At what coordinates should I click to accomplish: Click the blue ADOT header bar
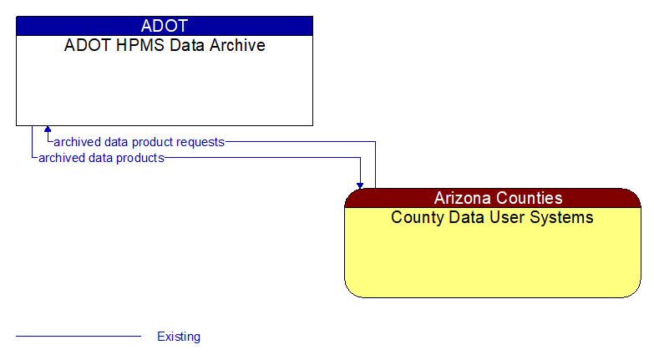point(165,26)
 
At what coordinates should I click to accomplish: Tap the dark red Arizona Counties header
point(493,198)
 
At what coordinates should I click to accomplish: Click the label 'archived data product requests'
point(139,142)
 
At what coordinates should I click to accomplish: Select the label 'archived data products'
point(101,157)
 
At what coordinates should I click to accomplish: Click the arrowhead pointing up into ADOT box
point(48,130)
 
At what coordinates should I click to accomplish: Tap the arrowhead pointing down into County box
point(360,184)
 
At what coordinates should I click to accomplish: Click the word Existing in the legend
point(179,337)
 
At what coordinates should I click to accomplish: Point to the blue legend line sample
point(79,337)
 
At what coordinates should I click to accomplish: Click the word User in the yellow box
point(509,218)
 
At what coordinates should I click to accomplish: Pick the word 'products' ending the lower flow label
point(139,157)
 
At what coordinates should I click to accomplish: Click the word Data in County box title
point(467,218)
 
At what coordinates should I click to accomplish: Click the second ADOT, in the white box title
point(86,46)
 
